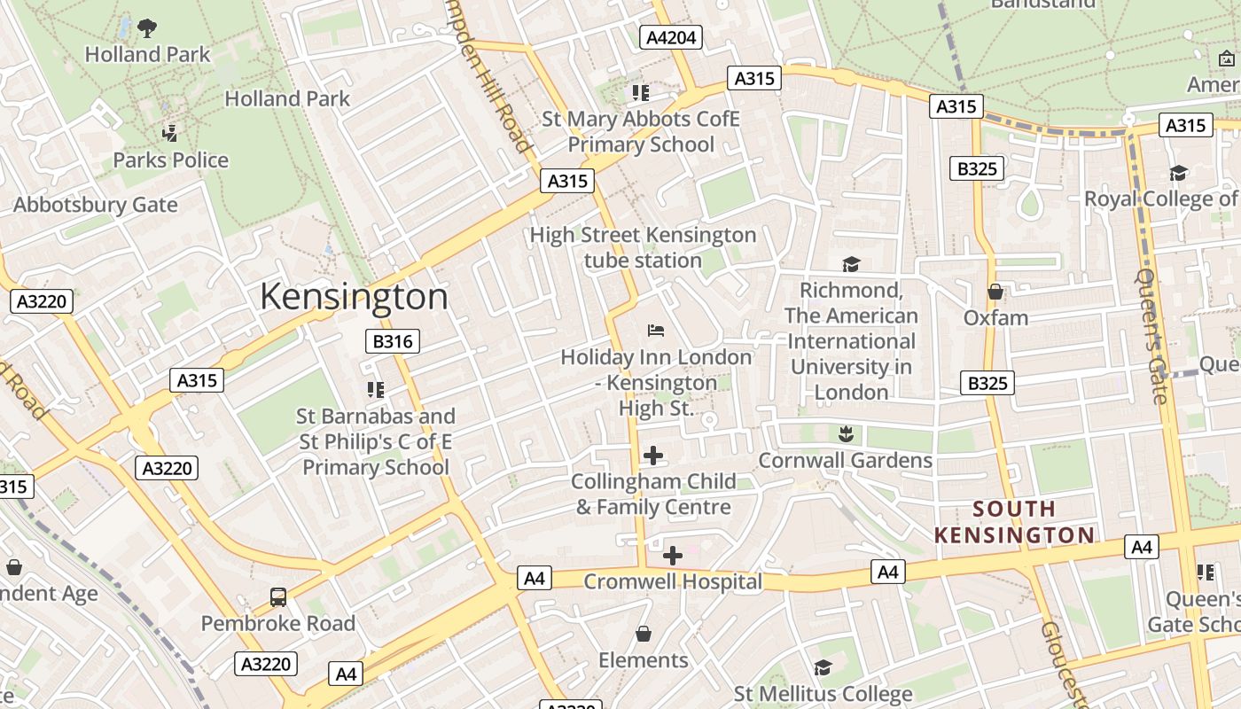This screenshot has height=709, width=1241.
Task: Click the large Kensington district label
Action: tap(354, 297)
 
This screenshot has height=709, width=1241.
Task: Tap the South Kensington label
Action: tap(1014, 522)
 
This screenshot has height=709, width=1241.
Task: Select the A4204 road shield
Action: tap(671, 37)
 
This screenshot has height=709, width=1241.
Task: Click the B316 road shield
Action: tap(392, 341)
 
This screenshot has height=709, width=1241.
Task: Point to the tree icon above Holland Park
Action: tap(147, 28)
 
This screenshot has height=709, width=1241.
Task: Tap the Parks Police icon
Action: tap(170, 134)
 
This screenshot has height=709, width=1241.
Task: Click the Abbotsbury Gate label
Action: tap(95, 205)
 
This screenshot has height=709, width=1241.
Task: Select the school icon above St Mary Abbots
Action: tap(641, 93)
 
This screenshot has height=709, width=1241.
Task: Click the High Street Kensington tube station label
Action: tap(643, 248)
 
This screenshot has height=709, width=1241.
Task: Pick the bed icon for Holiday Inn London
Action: tap(656, 331)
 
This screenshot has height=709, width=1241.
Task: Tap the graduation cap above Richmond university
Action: tap(851, 264)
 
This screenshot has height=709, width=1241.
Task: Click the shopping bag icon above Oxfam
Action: tap(995, 292)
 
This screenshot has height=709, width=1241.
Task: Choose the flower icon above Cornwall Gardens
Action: tap(845, 433)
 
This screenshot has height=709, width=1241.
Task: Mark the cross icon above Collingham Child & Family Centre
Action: tap(653, 456)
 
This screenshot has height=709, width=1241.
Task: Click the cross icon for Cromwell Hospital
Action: tap(673, 556)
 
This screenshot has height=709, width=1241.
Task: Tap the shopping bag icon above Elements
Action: tap(644, 634)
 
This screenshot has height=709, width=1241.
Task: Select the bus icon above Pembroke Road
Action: tap(278, 597)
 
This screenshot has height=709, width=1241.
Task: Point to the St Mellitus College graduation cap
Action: tap(823, 667)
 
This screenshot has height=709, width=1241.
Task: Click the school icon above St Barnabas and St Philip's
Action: tap(375, 390)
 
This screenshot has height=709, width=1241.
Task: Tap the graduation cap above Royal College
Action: tap(1178, 173)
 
